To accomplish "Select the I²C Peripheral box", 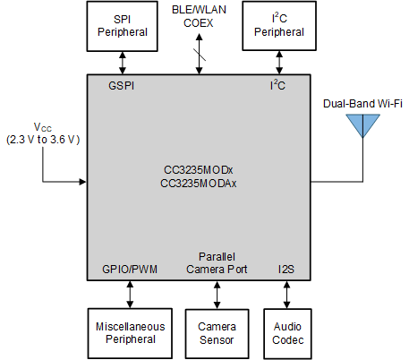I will [278, 25].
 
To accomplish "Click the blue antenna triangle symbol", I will [361, 126].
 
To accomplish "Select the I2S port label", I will [285, 269].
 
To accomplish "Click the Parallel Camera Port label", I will [216, 262].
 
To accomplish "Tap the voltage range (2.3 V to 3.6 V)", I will [42, 140].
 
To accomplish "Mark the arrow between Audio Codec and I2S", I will [286, 294].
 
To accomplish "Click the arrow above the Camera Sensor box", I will [216, 294].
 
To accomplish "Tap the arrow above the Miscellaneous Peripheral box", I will [132, 294].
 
